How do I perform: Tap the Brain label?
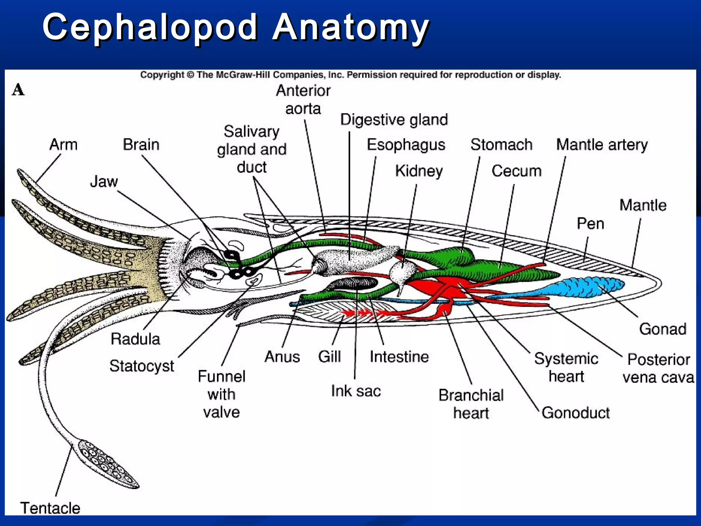point(141,145)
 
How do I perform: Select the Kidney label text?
point(419,171)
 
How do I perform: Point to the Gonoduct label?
point(575,413)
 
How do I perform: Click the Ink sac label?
point(356,391)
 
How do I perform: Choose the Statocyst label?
point(142,366)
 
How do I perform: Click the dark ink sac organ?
point(353,284)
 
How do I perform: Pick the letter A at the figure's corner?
point(18,90)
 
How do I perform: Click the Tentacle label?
point(50,508)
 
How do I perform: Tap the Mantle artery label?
point(602,145)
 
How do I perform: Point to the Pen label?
point(590,224)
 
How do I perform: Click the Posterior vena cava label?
point(658,368)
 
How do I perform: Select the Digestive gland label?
point(394,120)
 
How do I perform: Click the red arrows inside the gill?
point(363,313)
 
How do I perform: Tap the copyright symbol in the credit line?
point(190,75)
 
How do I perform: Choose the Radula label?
point(135,339)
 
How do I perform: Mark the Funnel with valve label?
point(221,394)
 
